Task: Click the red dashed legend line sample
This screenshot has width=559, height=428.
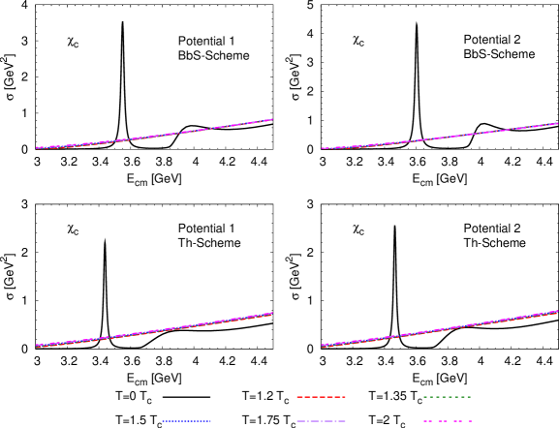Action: pos(321,397)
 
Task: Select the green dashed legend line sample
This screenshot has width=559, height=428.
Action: pos(447,397)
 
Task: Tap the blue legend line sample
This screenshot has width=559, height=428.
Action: pos(187,421)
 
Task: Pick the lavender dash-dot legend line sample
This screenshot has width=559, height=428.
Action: pos(321,421)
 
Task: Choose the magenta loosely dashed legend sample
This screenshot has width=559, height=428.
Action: pos(447,421)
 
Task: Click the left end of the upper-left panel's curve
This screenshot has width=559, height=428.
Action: pos(37,148)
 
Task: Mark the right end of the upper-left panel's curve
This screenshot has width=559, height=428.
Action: pos(272,120)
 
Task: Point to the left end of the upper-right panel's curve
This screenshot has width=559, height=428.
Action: pos(323,149)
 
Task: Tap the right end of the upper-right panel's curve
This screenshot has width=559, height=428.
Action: pos(557,123)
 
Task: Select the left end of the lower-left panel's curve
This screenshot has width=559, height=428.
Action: pos(37,346)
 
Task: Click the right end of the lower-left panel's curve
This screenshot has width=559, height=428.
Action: pos(272,313)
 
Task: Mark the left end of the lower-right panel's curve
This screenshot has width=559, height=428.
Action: pos(323,346)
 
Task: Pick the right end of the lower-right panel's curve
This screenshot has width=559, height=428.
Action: pos(557,311)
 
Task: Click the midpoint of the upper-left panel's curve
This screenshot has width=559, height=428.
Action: pos(155,136)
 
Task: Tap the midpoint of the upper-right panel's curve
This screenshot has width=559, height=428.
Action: pos(440,138)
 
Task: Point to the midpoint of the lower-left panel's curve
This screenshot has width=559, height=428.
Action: pos(155,330)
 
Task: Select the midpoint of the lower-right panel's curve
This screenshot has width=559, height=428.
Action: pos(440,329)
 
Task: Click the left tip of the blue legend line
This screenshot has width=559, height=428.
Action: pos(164,421)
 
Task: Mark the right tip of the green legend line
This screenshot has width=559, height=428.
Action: pos(470,397)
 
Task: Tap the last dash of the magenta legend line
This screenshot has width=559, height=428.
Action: pos(469,421)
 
